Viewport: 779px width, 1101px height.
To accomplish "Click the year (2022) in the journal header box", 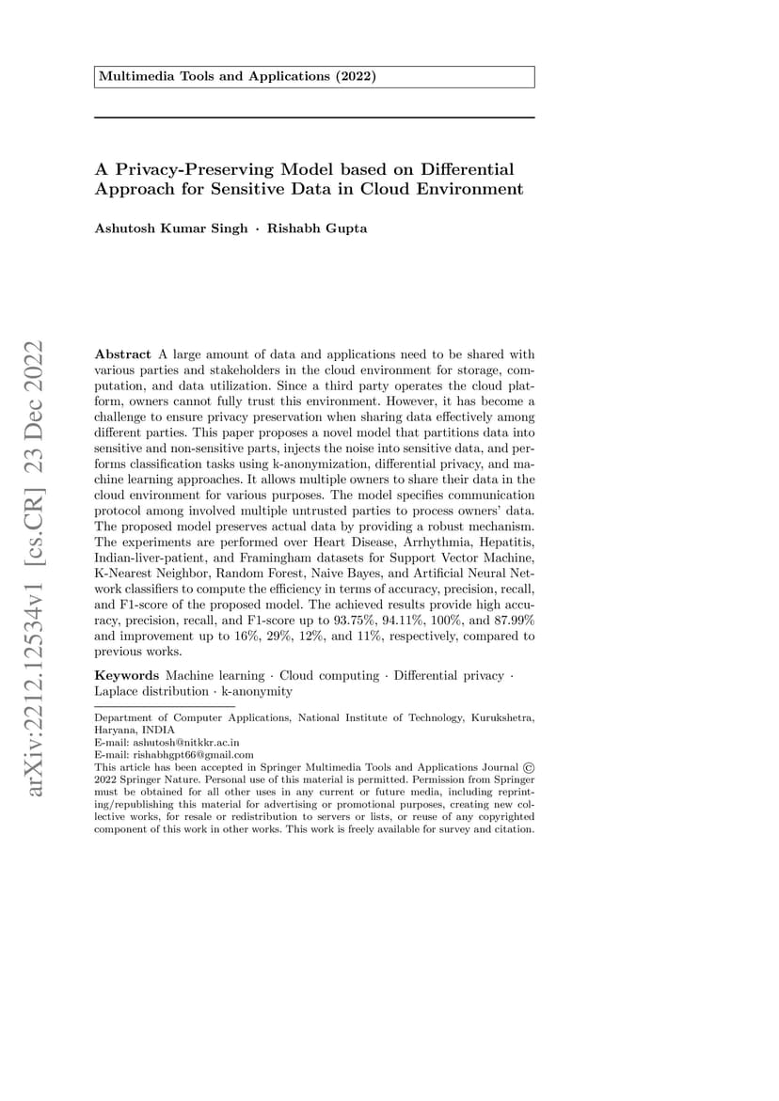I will click(x=354, y=76).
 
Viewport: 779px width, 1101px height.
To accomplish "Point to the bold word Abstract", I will click(x=122, y=354).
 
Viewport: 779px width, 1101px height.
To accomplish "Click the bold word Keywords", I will click(x=127, y=675).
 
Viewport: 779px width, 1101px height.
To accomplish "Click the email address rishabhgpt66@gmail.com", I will click(x=194, y=754).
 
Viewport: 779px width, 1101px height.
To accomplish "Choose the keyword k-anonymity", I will click(x=256, y=691).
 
